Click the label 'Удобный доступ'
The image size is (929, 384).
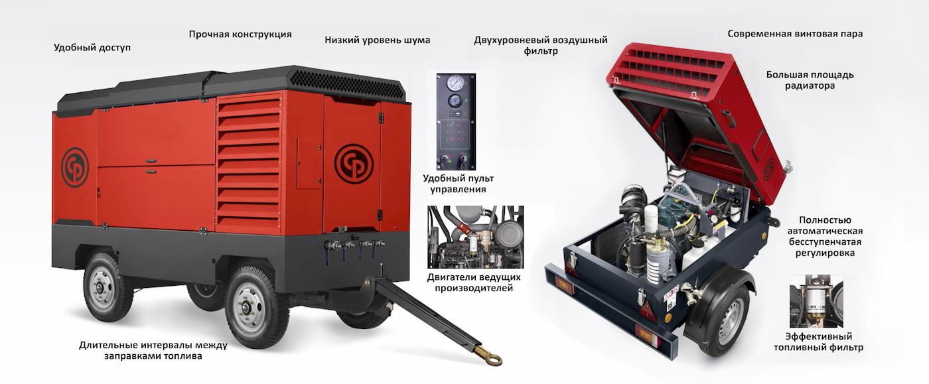tap(92, 47)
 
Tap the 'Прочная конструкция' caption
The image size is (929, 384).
tap(240, 34)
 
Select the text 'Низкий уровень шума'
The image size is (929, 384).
tap(378, 40)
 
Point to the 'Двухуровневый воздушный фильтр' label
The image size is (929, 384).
tap(541, 45)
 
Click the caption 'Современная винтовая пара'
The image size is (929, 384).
tap(795, 34)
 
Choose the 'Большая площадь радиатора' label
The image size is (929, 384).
tap(810, 80)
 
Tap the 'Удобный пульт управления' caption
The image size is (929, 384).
tap(459, 184)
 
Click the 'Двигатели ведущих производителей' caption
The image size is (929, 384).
tap(474, 283)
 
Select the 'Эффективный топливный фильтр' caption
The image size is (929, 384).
tap(818, 342)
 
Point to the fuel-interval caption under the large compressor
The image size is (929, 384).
tap(153, 350)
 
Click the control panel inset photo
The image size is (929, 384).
tap(456, 121)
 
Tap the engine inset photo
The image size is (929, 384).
tap(476, 237)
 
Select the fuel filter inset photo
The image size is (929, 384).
tap(816, 301)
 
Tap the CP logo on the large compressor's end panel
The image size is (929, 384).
tap(75, 168)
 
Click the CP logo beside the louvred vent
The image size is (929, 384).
tap(354, 164)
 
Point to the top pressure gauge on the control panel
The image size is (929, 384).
tap(455, 83)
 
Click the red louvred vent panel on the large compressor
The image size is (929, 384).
tap(249, 163)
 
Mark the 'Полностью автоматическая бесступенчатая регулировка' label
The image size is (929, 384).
tap(825, 236)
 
